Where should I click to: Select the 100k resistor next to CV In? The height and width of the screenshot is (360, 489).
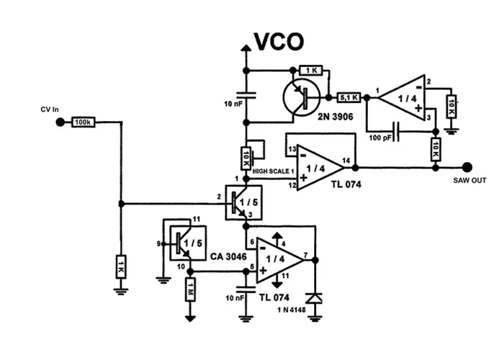pyautogui.click(x=84, y=122)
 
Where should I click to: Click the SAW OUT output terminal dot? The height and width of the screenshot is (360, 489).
pyautogui.click(x=467, y=168)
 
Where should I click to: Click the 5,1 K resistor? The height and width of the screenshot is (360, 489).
pyautogui.click(x=349, y=97)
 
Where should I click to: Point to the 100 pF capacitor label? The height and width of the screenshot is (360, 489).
pyautogui.click(x=381, y=137)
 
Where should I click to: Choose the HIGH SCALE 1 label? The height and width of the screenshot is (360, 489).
pyautogui.click(x=273, y=171)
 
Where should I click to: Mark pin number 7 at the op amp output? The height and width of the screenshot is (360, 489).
pyautogui.click(x=307, y=254)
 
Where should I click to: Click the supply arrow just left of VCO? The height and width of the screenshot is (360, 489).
pyautogui.click(x=246, y=46)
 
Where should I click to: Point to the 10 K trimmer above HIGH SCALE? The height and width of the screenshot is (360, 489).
pyautogui.click(x=246, y=156)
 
